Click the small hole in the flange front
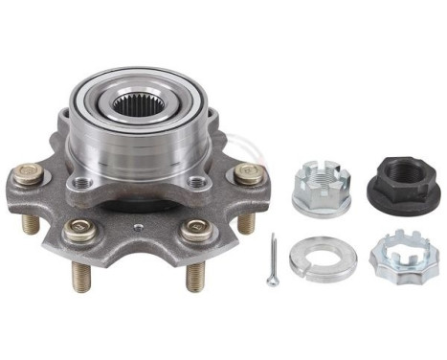139,227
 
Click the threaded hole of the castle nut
321,175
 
